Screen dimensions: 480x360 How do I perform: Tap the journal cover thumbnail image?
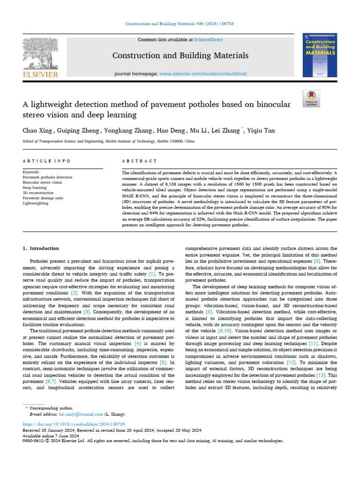(320, 55)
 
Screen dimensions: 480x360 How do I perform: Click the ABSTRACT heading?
(139, 161)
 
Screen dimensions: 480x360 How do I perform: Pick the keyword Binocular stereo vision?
(42, 182)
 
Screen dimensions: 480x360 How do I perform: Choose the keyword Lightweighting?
(35, 203)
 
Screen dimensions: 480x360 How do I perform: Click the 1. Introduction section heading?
(41, 248)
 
